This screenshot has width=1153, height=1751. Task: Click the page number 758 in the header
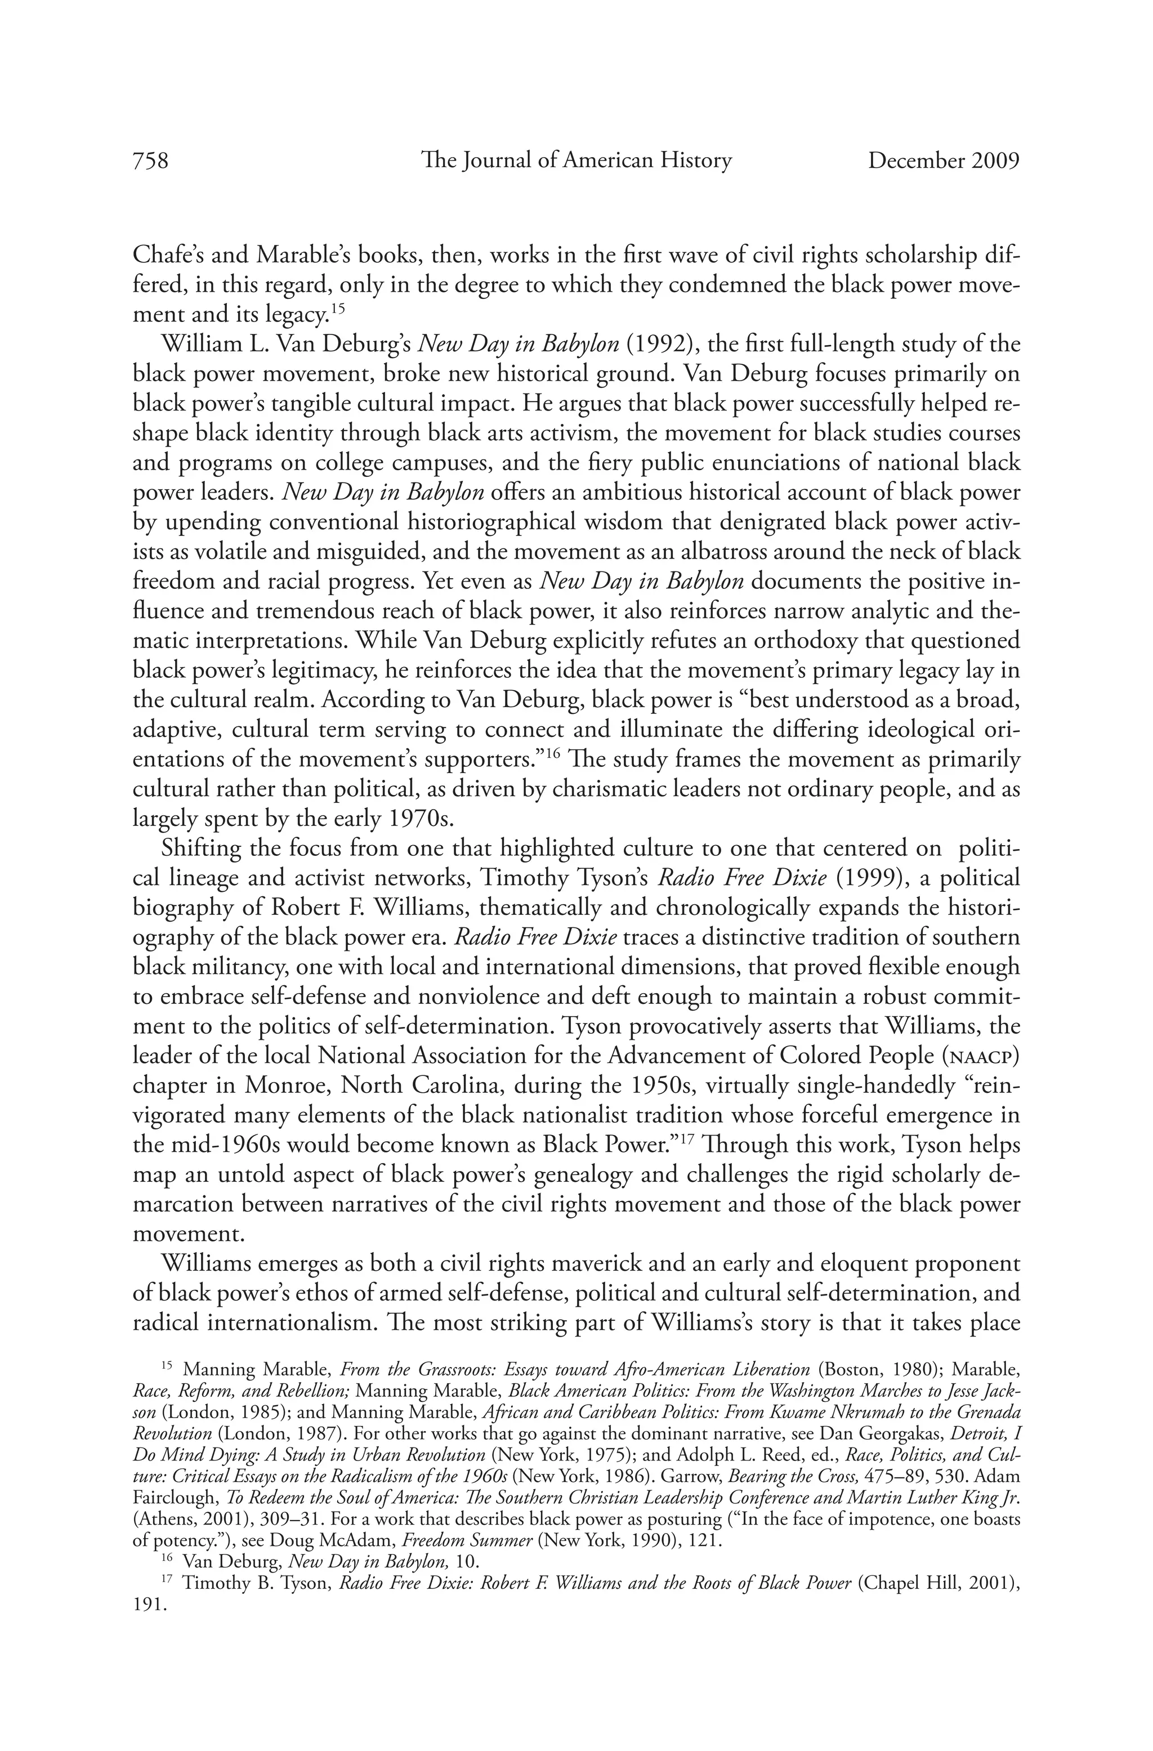point(151,160)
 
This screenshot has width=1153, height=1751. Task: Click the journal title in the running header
point(576,160)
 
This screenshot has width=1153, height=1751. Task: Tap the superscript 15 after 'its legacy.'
point(337,309)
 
